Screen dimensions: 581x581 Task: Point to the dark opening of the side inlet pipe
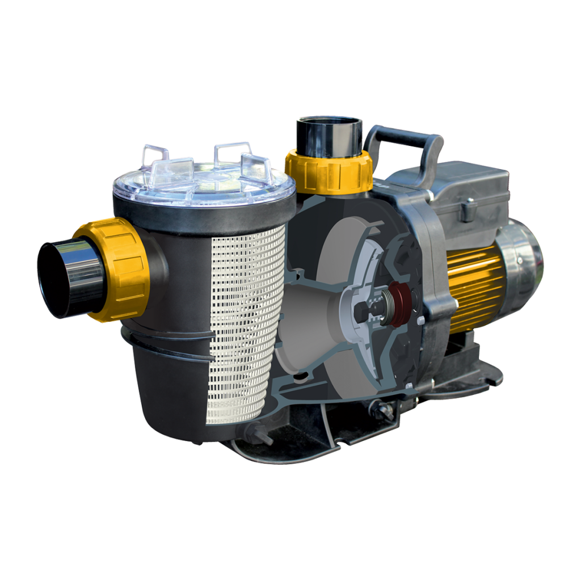pos(54,279)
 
